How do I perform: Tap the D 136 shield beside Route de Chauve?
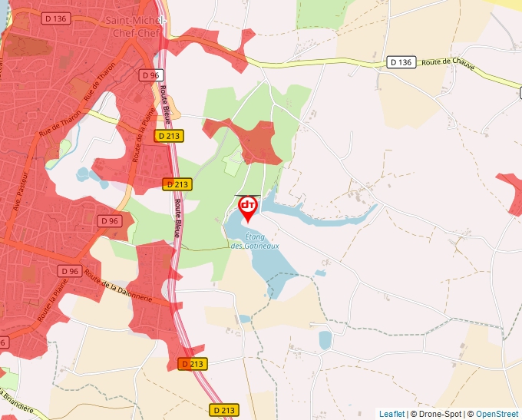401,61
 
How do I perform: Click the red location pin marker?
248,208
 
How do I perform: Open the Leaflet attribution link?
391,414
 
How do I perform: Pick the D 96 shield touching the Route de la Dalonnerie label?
70,271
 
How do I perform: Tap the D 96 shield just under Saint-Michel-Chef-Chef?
150,75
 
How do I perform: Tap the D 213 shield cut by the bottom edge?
223,411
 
